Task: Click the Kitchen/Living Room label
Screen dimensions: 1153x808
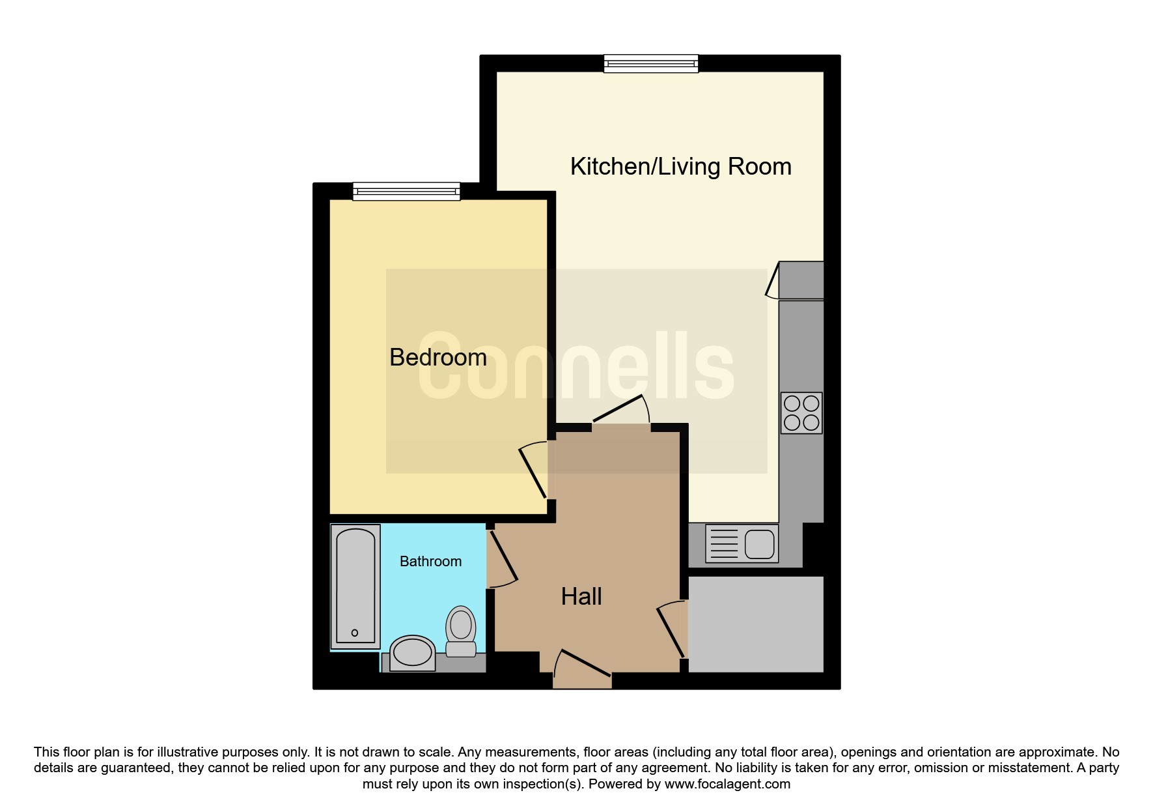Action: tap(680, 167)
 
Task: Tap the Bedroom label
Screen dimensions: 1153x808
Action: tap(438, 357)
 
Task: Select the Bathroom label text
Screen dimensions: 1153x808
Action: tap(430, 561)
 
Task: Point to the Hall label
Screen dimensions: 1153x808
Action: tap(581, 596)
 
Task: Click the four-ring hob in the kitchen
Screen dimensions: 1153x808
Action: tap(801, 413)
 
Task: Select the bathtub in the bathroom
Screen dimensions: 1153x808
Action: tap(355, 586)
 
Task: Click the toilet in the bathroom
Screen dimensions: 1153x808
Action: tap(461, 631)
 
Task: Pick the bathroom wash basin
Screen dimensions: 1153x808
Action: tap(412, 653)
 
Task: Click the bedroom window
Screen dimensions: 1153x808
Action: tap(406, 192)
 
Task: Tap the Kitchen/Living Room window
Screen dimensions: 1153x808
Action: tap(651, 63)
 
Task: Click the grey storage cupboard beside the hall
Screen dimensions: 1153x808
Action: tap(756, 624)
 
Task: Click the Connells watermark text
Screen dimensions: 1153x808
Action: tap(576, 366)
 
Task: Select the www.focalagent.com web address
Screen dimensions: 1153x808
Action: tap(727, 785)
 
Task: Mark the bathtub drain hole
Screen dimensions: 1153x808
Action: tap(355, 633)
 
